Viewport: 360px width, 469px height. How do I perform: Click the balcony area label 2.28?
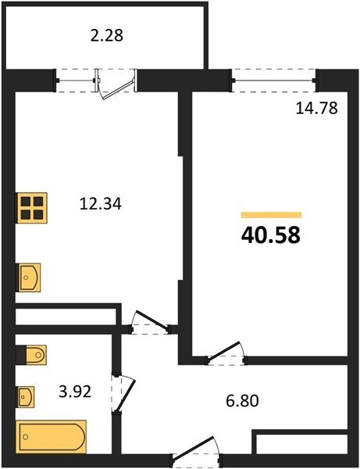point(107,35)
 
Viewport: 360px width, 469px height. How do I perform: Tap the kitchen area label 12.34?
point(101,204)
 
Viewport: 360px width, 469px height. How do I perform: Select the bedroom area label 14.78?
point(317,109)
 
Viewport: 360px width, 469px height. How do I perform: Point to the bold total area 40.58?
point(271,235)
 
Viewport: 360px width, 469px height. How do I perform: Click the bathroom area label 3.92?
point(75,392)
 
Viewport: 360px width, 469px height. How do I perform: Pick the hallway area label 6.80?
point(242,401)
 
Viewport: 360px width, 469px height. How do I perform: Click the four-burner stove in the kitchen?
point(31,208)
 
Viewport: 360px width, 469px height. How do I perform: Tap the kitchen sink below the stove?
point(28,277)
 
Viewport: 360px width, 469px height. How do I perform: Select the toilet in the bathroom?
point(31,355)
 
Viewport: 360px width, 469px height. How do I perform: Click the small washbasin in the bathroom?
point(25,396)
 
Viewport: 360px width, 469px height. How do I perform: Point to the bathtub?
point(51,437)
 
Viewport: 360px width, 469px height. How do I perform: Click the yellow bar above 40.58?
point(271,215)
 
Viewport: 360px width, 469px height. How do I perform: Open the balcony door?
point(117,84)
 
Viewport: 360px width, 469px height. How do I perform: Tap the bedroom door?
point(226,353)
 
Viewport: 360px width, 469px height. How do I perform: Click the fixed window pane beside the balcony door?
point(76,81)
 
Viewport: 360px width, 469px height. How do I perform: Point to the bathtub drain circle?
point(26,437)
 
